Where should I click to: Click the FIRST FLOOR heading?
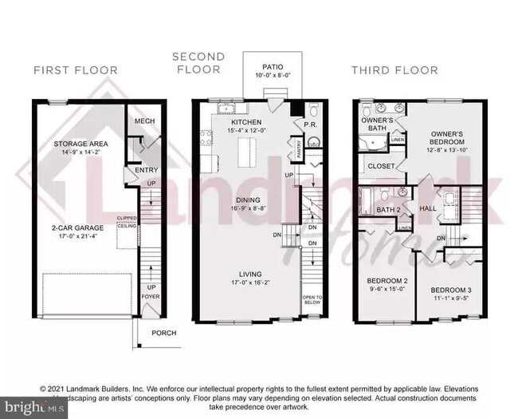[75, 70]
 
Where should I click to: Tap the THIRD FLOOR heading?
[394, 70]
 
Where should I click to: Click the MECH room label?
[144, 121]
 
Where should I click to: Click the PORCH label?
[164, 334]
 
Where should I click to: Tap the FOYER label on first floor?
[151, 296]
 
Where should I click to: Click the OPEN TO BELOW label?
[312, 301]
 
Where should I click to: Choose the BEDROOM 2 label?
[387, 281]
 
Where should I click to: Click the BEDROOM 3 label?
[451, 290]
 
